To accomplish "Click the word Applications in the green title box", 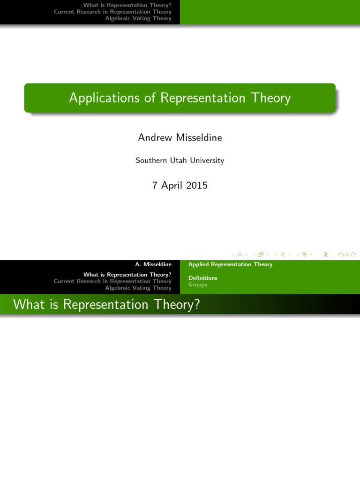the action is pyautogui.click(x=105, y=98).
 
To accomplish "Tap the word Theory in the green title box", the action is pyautogui.click(x=271, y=98).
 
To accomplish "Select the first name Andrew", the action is pyautogui.click(x=155, y=137).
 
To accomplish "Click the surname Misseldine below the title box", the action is pyautogui.click(x=199, y=137).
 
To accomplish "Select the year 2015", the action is pyautogui.click(x=197, y=186).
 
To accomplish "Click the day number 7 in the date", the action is pyautogui.click(x=155, y=186).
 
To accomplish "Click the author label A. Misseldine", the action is pyautogui.click(x=153, y=264).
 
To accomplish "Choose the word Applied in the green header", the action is pyautogui.click(x=198, y=264).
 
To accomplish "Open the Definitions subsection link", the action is pyautogui.click(x=203, y=278).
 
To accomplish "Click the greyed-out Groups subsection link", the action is pyautogui.click(x=198, y=285).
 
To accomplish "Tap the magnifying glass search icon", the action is pyautogui.click(x=347, y=255).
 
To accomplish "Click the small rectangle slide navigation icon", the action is pyautogui.click(x=240, y=255).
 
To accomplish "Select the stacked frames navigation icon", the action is pyautogui.click(x=261, y=255).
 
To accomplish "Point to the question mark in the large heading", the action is pyautogui.click(x=197, y=305).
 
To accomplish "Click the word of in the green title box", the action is pyautogui.click(x=150, y=98).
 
